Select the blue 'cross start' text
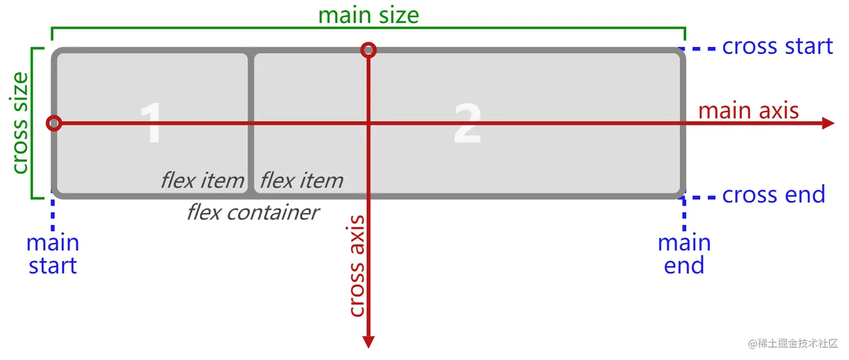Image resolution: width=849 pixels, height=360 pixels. pyautogui.click(x=777, y=47)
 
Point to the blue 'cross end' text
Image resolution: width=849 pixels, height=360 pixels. pyautogui.click(x=773, y=195)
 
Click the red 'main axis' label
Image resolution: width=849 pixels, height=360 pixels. pyautogui.click(x=748, y=110)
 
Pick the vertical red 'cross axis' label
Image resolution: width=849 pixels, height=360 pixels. pyautogui.click(x=357, y=266)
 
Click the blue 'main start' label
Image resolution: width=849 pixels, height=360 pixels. pyautogui.click(x=53, y=254)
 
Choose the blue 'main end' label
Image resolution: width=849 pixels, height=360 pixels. pyautogui.click(x=684, y=254)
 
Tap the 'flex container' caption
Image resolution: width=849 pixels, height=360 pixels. pyautogui.click(x=253, y=212)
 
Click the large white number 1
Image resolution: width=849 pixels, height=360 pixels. pyautogui.click(x=152, y=124)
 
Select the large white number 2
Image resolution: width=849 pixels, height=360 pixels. pyautogui.click(x=467, y=124)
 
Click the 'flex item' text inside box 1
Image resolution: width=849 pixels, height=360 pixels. pyautogui.click(x=203, y=180)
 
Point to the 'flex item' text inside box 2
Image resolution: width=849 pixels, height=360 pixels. pyautogui.click(x=302, y=180)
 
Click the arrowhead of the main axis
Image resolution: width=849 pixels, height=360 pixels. pyautogui.click(x=828, y=124)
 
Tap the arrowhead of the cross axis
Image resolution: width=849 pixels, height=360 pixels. pyautogui.click(x=368, y=341)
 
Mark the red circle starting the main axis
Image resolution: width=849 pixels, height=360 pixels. pyautogui.click(x=54, y=123)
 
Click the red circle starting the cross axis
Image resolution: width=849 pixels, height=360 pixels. pyautogui.click(x=368, y=51)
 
